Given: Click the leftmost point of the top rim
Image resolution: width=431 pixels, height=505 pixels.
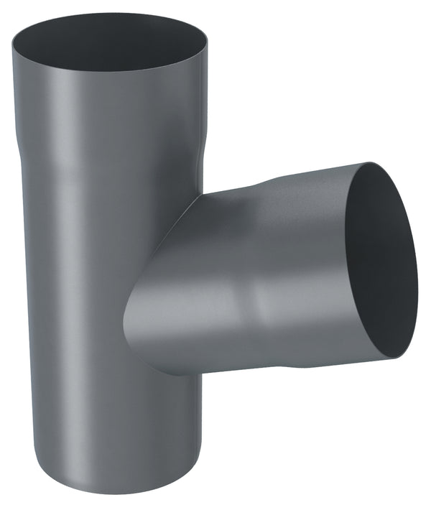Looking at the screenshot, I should [11, 45].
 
